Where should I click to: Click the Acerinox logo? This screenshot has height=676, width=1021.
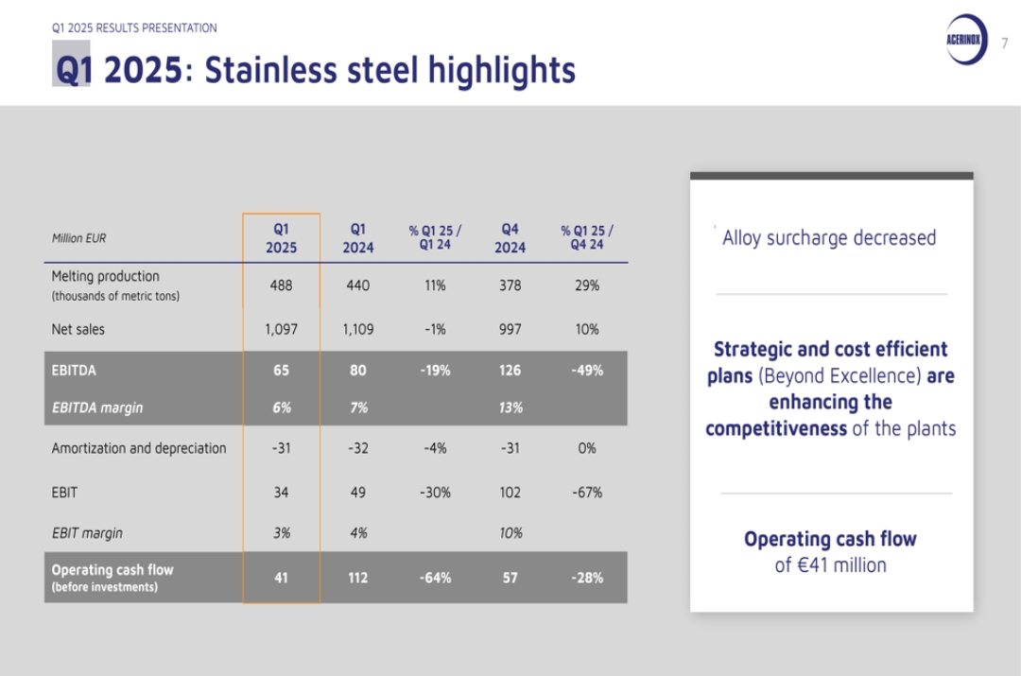pyautogui.click(x=967, y=40)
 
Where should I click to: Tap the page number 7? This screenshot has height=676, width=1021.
pyautogui.click(x=1005, y=43)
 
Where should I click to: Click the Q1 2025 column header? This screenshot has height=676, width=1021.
pyautogui.click(x=282, y=238)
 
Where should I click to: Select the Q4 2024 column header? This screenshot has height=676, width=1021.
pyautogui.click(x=510, y=238)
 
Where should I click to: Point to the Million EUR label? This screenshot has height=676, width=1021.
pyautogui.click(x=78, y=238)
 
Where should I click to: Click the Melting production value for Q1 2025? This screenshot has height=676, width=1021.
pyautogui.click(x=282, y=286)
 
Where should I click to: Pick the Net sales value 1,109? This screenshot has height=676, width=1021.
pyautogui.click(x=358, y=330)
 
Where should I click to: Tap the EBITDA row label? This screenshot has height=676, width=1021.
pyautogui.click(x=74, y=371)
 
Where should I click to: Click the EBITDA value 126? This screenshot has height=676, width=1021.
pyautogui.click(x=510, y=371)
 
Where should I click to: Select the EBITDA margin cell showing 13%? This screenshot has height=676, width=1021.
pyautogui.click(x=510, y=407)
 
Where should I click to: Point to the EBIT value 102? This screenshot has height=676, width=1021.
pyautogui.click(x=510, y=493)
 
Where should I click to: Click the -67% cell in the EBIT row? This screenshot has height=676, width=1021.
pyautogui.click(x=587, y=493)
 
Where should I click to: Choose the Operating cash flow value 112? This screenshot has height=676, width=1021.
pyautogui.click(x=358, y=578)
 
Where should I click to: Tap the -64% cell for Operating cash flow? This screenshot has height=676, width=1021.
pyautogui.click(x=435, y=578)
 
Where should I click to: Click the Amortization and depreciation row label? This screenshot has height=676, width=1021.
pyautogui.click(x=139, y=449)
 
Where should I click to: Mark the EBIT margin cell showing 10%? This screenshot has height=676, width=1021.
pyautogui.click(x=510, y=533)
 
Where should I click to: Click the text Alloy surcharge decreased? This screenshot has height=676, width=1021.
pyautogui.click(x=829, y=238)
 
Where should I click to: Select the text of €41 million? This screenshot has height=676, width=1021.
pyautogui.click(x=830, y=565)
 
